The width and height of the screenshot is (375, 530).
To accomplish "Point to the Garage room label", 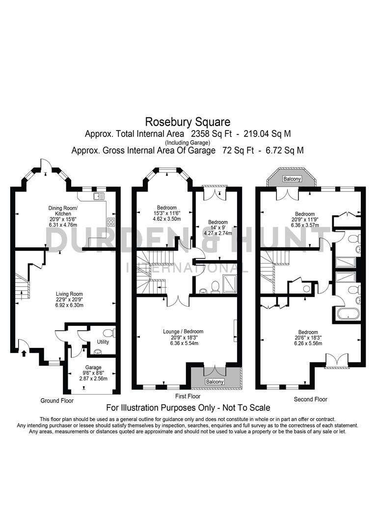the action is (x=93, y=367).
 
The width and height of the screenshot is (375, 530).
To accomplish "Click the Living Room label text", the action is (x=67, y=293).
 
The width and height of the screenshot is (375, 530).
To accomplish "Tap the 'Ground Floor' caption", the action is (x=57, y=400).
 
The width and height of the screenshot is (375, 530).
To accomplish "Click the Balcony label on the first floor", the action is (x=214, y=381).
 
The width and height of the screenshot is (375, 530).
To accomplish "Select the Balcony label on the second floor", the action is (x=292, y=179).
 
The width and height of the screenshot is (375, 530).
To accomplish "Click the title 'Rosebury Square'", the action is (x=187, y=121).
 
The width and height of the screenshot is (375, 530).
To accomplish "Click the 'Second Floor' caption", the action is (x=310, y=399).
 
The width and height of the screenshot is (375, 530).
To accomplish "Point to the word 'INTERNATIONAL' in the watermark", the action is (x=187, y=268).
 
